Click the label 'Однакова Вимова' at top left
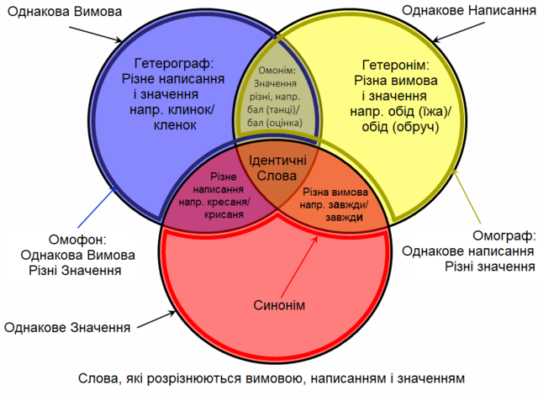tap(65, 12)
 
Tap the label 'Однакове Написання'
tap(469, 11)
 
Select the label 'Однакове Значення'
tap(67, 328)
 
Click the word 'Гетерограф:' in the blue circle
tap(174, 64)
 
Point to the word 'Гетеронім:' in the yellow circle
tap(396, 65)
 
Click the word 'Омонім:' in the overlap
tap(277, 71)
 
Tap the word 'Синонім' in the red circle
tap(279, 305)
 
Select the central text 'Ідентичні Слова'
tap(277, 168)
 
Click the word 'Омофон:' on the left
tap(77, 240)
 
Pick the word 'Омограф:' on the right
tap(504, 235)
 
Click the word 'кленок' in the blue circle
tap(175, 125)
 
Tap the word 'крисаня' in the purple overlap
tap(224, 214)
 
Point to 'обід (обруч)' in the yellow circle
tap(400, 127)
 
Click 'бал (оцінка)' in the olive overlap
tap(275, 123)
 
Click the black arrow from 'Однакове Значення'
tap(156, 319)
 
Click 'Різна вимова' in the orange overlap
tap(335, 193)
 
